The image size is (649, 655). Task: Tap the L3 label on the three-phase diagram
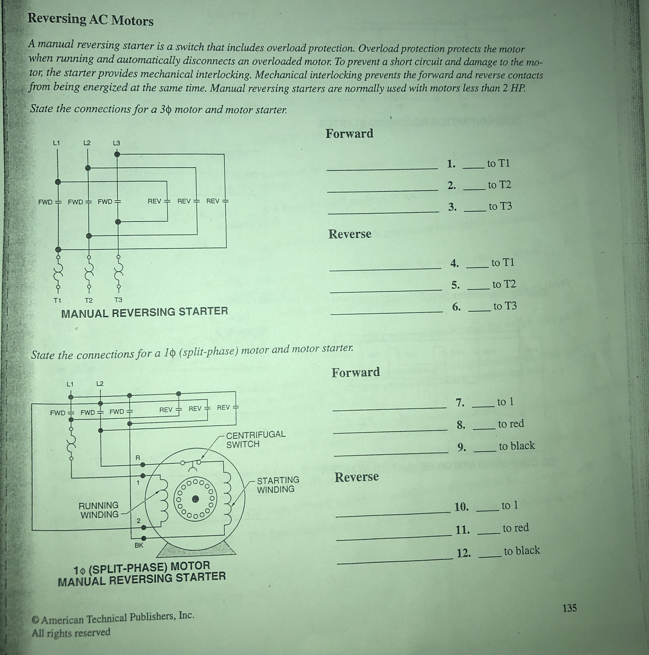(x=116, y=143)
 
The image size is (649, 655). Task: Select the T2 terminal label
(x=88, y=300)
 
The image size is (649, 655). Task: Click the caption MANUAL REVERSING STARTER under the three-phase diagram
(x=144, y=312)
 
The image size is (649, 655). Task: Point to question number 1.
(x=451, y=164)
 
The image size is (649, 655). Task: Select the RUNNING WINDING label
(x=99, y=510)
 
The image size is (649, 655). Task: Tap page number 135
(x=569, y=608)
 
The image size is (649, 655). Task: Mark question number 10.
(x=461, y=507)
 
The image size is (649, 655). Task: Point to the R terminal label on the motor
(x=138, y=458)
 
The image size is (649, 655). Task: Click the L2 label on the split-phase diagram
(x=100, y=384)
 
